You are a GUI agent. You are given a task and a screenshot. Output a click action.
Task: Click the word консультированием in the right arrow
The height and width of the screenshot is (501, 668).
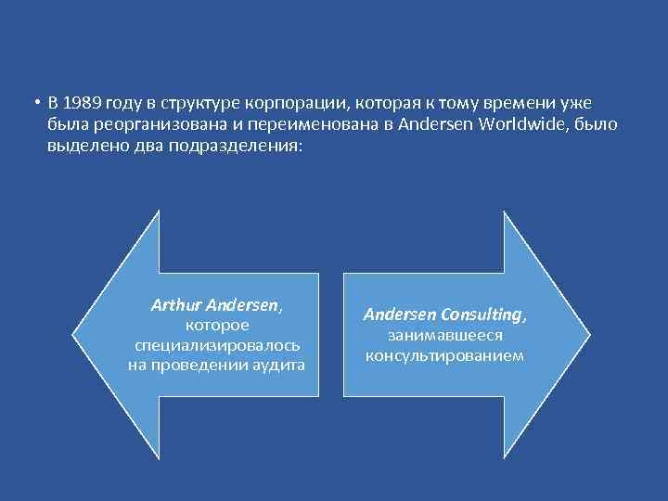(x=444, y=355)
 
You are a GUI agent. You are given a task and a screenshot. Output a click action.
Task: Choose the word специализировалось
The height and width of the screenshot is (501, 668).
(x=216, y=345)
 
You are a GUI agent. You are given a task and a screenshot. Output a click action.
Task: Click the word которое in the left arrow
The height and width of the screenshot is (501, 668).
(x=216, y=325)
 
